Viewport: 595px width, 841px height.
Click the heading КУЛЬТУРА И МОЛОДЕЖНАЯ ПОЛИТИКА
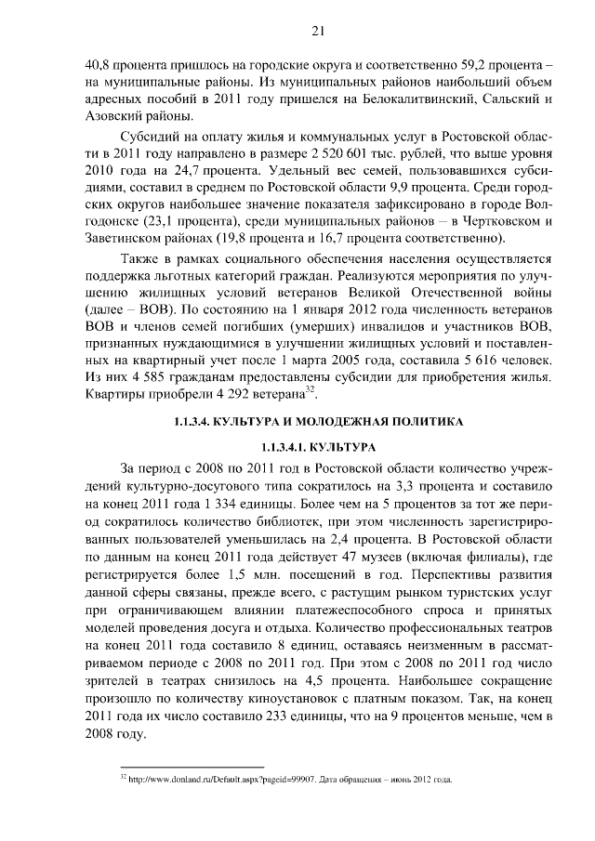coord(317,423)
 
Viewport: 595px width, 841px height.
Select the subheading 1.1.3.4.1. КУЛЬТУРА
coord(318,447)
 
